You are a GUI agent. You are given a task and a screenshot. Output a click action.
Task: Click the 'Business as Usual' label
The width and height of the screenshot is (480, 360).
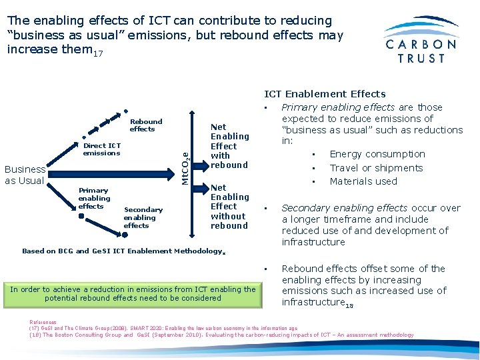[25, 175]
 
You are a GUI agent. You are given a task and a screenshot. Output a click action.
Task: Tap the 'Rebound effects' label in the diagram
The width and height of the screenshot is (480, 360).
[145, 125]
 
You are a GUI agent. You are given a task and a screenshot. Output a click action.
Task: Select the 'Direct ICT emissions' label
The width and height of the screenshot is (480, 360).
[101, 149]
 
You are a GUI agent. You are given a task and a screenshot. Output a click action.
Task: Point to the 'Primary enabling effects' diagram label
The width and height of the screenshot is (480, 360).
[94, 198]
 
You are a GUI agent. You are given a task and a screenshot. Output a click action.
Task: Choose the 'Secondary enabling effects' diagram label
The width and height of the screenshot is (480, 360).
[143, 217]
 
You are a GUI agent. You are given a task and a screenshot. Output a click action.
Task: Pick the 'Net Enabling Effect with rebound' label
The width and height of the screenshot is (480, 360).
[229, 146]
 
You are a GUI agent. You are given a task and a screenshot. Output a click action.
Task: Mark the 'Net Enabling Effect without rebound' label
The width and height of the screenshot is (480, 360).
[229, 207]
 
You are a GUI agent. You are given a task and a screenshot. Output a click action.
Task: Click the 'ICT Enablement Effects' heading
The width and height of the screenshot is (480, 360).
[325, 94]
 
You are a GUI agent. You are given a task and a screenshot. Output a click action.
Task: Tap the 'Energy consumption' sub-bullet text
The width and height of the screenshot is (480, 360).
[377, 154]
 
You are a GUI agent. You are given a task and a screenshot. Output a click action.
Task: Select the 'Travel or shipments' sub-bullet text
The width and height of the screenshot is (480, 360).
[376, 168]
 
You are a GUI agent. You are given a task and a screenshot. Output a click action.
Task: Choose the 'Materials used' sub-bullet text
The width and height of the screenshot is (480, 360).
[363, 181]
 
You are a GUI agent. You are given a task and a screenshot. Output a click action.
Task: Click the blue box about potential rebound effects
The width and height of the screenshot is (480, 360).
[132, 293]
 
